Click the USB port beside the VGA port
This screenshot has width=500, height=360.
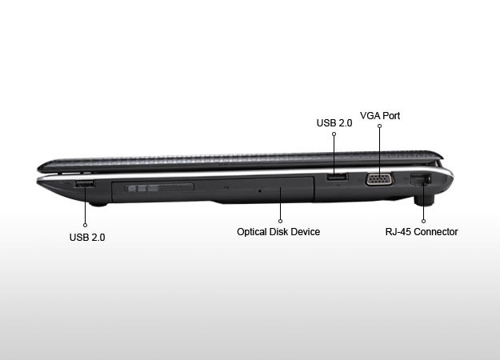(337, 176)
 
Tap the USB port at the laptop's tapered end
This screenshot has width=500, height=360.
(85, 184)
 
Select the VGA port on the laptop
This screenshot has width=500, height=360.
(379, 179)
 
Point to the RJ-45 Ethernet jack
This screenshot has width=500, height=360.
(420, 179)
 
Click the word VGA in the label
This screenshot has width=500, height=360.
(370, 115)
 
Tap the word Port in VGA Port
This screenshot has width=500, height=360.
(391, 115)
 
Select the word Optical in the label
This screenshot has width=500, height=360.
(252, 232)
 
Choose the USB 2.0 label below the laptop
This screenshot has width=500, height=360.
(87, 238)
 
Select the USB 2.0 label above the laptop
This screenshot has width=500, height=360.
(334, 122)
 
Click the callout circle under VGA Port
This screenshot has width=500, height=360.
(379, 126)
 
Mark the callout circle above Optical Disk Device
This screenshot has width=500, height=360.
(280, 221)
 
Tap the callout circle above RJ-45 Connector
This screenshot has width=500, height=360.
(423, 221)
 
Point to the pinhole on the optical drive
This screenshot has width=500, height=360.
(260, 190)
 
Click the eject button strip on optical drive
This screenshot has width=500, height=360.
(159, 187)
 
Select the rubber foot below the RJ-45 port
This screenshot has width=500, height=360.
(425, 200)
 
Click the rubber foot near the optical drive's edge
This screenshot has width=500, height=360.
(98, 204)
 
